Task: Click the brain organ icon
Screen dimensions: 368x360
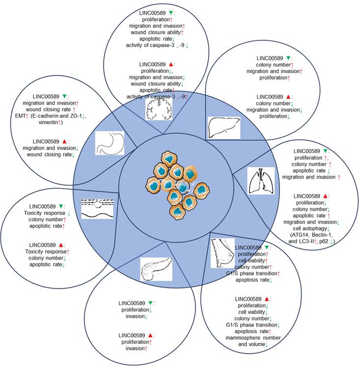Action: click(158, 108)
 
